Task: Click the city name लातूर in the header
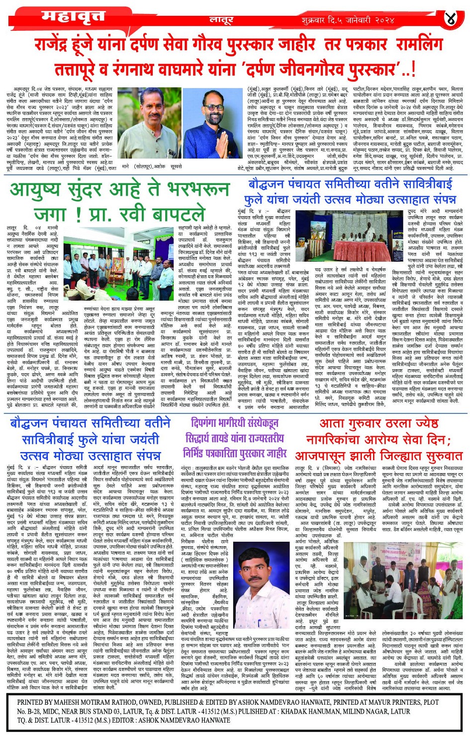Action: click(x=221, y=20)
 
